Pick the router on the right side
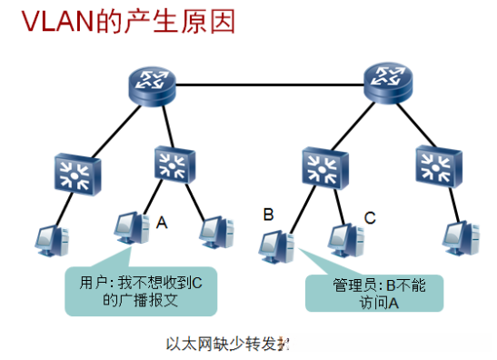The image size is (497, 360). pyautogui.click(x=388, y=85)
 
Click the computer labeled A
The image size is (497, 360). pyautogui.click(x=131, y=233)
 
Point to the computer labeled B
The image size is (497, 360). pyautogui.click(x=274, y=244)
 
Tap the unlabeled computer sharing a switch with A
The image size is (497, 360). pyautogui.click(x=215, y=235)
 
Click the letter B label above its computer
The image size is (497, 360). pyautogui.click(x=267, y=215)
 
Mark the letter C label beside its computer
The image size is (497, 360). pyautogui.click(x=370, y=217)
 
